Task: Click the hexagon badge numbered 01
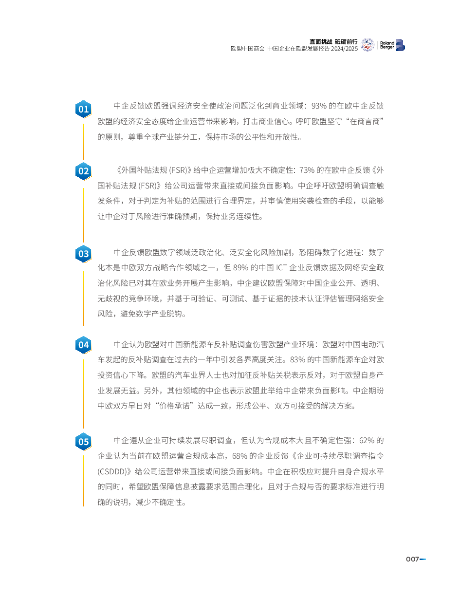tap(83, 109)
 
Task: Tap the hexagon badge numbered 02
tap(83, 171)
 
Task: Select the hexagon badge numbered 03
tap(83, 254)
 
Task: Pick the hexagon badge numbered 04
tap(83, 345)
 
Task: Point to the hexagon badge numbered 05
tap(83, 442)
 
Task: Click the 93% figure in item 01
tap(319, 106)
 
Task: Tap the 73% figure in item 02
tap(307, 170)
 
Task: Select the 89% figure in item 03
tap(240, 267)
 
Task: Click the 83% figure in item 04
tap(297, 360)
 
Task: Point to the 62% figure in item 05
tap(367, 441)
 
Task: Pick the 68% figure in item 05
tap(240, 456)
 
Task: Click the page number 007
tap(412, 559)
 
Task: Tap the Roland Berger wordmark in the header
tap(387, 45)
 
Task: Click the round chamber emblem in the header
tap(368, 45)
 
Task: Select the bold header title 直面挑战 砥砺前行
tap(333, 42)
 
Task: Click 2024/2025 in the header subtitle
tap(344, 49)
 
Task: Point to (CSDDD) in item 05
tap(113, 472)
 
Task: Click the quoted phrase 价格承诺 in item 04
tap(174, 406)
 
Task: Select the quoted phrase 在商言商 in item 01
tap(365, 121)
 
